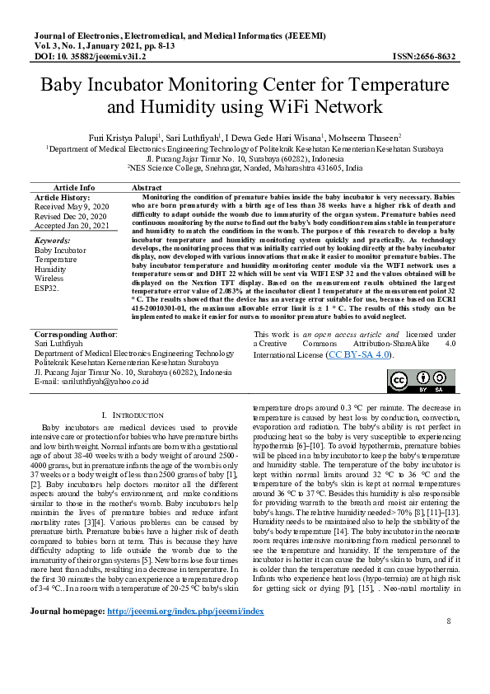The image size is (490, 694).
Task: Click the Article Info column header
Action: [74, 188]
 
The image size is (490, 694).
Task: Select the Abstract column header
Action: [147, 188]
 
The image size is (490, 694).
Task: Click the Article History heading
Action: [62, 198]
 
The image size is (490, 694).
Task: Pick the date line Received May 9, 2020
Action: [71, 207]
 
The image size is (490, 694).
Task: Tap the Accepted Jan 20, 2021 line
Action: [72, 225]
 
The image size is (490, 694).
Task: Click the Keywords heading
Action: [53, 240]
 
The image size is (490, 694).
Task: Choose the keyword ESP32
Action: [48, 288]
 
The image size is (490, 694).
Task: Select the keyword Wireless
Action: [49, 279]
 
